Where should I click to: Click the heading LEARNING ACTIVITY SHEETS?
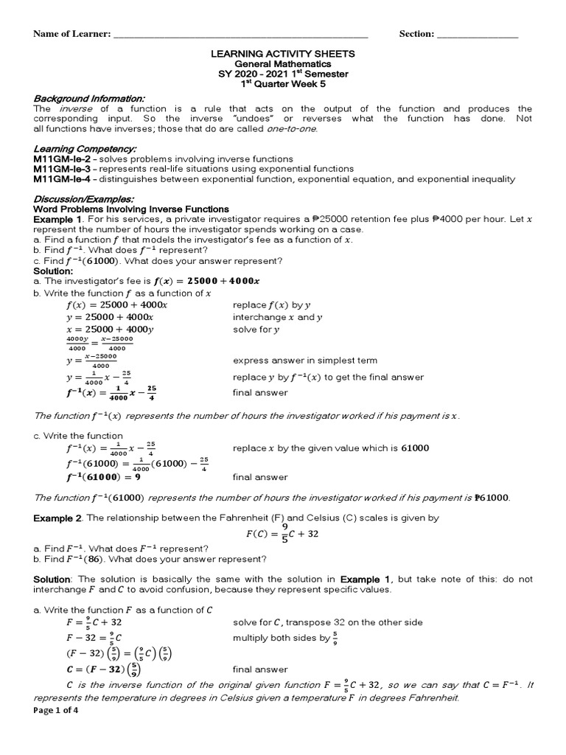pyautogui.click(x=284, y=54)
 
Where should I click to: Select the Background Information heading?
pyautogui.click(x=89, y=99)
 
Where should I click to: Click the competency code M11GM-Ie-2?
pyautogui.click(x=61, y=159)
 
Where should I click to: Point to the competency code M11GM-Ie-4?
pyautogui.click(x=61, y=179)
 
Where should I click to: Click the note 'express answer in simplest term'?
pyautogui.click(x=305, y=361)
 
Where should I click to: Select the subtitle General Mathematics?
pyautogui.click(x=284, y=64)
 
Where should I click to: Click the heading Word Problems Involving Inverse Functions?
pyautogui.click(x=132, y=209)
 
